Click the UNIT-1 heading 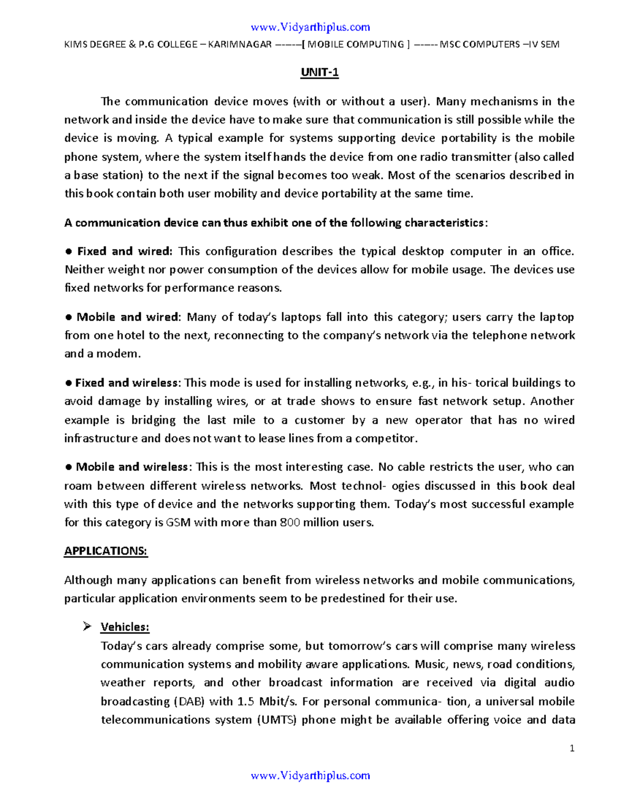[x=319, y=72]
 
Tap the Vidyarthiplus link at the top [x=310, y=27]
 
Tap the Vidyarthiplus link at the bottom [x=310, y=776]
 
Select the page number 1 [x=572, y=749]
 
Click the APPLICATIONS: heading [x=106, y=551]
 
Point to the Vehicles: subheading [x=125, y=627]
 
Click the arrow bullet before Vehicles [x=87, y=626]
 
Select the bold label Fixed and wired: [x=124, y=252]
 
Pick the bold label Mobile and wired [x=127, y=317]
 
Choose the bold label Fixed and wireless [x=126, y=383]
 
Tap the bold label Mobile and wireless [x=131, y=467]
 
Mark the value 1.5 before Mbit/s [x=245, y=701]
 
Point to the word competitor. [x=385, y=438]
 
